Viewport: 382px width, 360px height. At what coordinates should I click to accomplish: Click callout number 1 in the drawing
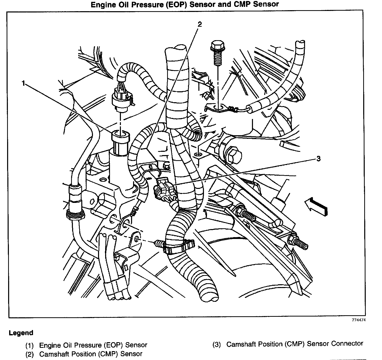point(23,83)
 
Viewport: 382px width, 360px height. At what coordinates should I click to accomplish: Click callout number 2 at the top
point(200,24)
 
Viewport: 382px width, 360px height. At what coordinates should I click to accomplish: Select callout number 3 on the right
point(318,159)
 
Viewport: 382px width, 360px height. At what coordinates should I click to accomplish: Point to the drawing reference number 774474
point(358,320)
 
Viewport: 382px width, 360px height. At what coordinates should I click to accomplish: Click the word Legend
point(21,333)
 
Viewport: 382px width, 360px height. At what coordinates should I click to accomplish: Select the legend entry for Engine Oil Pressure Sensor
point(93,345)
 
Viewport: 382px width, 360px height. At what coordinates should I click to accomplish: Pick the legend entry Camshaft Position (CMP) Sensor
point(90,354)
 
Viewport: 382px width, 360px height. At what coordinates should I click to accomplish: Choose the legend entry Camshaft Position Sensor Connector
point(294,344)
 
